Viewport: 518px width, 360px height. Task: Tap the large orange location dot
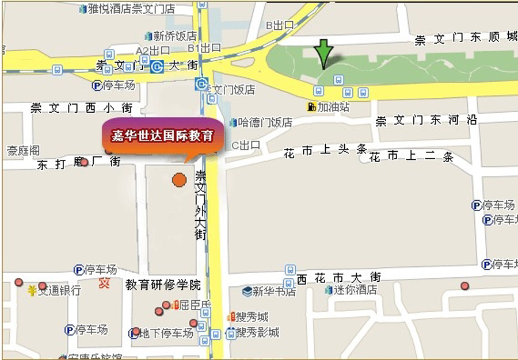coord(179,180)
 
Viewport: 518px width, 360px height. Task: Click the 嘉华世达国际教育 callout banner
coord(162,137)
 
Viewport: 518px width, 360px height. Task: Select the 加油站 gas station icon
coord(311,107)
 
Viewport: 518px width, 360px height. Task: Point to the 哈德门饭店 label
coord(265,122)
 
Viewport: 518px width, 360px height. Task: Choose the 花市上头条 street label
coord(325,151)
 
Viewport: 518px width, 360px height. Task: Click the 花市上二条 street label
coord(411,156)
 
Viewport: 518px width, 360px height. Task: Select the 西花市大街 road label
coord(339,278)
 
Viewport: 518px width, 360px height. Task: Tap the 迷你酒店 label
coord(356,290)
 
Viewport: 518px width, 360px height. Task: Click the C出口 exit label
coord(246,145)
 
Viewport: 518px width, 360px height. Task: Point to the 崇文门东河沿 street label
coord(426,121)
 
